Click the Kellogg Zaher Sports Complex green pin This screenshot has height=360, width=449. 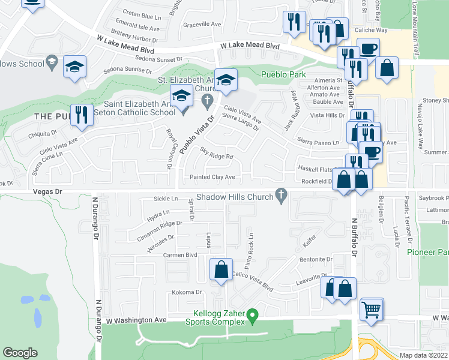[253, 314]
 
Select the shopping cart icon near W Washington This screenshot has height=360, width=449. [372, 310]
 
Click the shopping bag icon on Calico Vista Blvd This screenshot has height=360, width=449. [221, 270]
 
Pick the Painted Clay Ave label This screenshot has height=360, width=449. [212, 177]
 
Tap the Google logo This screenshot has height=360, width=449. [20, 353]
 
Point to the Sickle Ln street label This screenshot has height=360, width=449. [166, 199]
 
